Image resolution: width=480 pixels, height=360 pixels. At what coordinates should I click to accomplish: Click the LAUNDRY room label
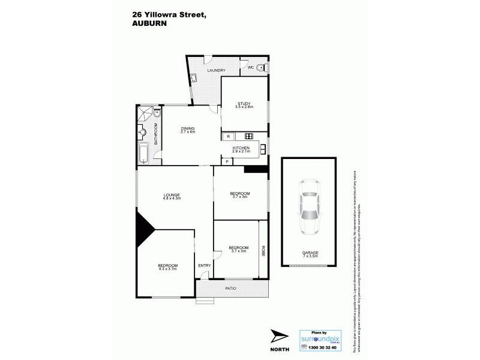tap(216, 71)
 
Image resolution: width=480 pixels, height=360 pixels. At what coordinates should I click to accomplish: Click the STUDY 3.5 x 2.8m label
tap(244, 105)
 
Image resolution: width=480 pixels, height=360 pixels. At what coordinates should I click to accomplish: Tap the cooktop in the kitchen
tap(249, 136)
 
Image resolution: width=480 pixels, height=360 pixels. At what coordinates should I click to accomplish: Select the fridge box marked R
tap(229, 136)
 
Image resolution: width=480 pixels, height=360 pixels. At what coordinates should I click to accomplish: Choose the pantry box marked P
tap(227, 161)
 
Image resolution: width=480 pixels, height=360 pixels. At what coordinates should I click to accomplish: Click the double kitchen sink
tap(263, 148)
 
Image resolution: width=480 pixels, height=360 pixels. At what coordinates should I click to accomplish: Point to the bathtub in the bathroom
tap(144, 154)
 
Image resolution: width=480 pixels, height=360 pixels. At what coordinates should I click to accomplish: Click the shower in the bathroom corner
tap(144, 113)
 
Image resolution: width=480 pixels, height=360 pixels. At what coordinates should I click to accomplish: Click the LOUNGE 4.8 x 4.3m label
tap(172, 196)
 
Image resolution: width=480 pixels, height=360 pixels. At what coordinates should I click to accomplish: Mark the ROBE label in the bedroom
tap(263, 251)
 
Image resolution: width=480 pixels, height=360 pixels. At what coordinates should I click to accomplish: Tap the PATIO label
tap(230, 289)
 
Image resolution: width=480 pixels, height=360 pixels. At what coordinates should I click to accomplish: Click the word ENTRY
tap(204, 265)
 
